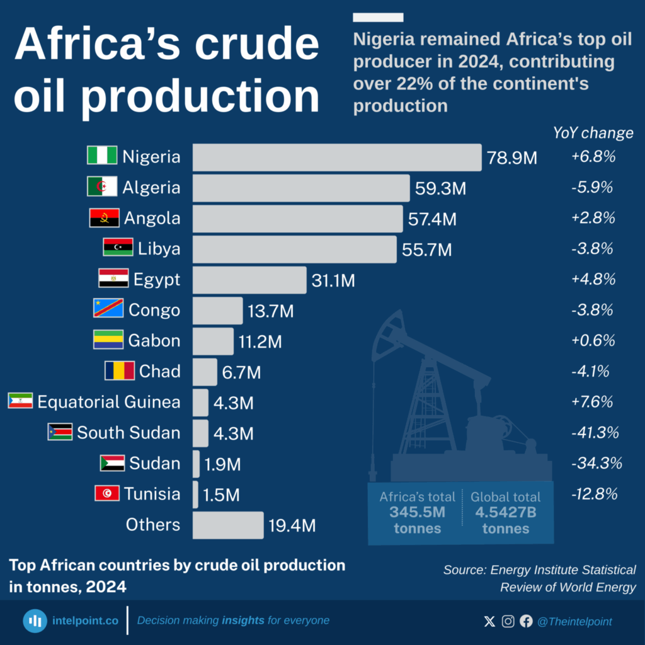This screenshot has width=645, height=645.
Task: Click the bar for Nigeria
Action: pyautogui.click(x=337, y=157)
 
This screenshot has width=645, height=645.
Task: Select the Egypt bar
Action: pyautogui.click(x=249, y=280)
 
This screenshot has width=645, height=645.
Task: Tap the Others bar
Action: pyautogui.click(x=227, y=525)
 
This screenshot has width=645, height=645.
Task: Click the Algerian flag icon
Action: pyautogui.click(x=101, y=187)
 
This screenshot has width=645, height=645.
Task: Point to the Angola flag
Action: pyautogui.click(x=104, y=219)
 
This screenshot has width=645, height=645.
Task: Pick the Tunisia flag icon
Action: pyautogui.click(x=106, y=494)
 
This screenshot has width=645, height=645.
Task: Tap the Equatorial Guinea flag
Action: pyautogui.click(x=20, y=401)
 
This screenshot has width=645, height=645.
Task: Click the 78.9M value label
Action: pyautogui.click(x=512, y=157)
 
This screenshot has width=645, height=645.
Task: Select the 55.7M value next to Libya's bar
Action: pyautogui.click(x=426, y=250)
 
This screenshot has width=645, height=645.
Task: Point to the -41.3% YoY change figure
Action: pyautogui.click(x=595, y=433)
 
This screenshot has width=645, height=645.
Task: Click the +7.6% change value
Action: pyautogui.click(x=593, y=402)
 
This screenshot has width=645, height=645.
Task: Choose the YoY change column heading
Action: pyautogui.click(x=593, y=133)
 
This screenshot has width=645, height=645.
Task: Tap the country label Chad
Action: pyautogui.click(x=159, y=372)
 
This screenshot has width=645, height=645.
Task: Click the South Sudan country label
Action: pyautogui.click(x=128, y=433)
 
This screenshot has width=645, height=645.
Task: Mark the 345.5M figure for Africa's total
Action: pyautogui.click(x=418, y=512)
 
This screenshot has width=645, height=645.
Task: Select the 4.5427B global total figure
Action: pyautogui.click(x=506, y=512)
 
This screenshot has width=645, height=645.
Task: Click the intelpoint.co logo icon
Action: pyautogui.click(x=36, y=621)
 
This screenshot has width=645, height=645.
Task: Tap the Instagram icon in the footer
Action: pyautogui.click(x=508, y=622)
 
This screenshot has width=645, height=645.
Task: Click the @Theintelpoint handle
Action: pyautogui.click(x=574, y=622)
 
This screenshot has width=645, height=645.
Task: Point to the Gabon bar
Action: pyautogui.click(x=213, y=341)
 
